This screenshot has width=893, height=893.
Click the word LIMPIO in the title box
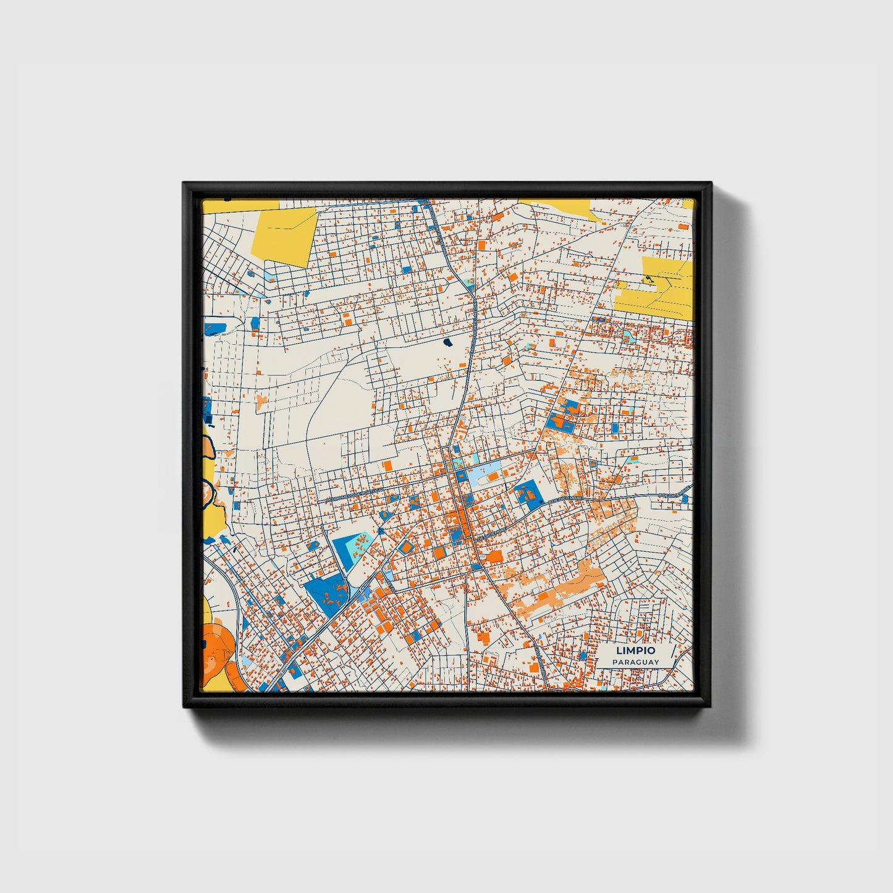[635, 651]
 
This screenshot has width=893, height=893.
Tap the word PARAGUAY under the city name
[635, 662]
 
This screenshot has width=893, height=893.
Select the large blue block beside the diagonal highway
[326, 595]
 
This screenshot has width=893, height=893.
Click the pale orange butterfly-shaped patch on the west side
[262, 402]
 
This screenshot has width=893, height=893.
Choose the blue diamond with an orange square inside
[406, 547]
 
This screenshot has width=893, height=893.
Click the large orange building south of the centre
[494, 557]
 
